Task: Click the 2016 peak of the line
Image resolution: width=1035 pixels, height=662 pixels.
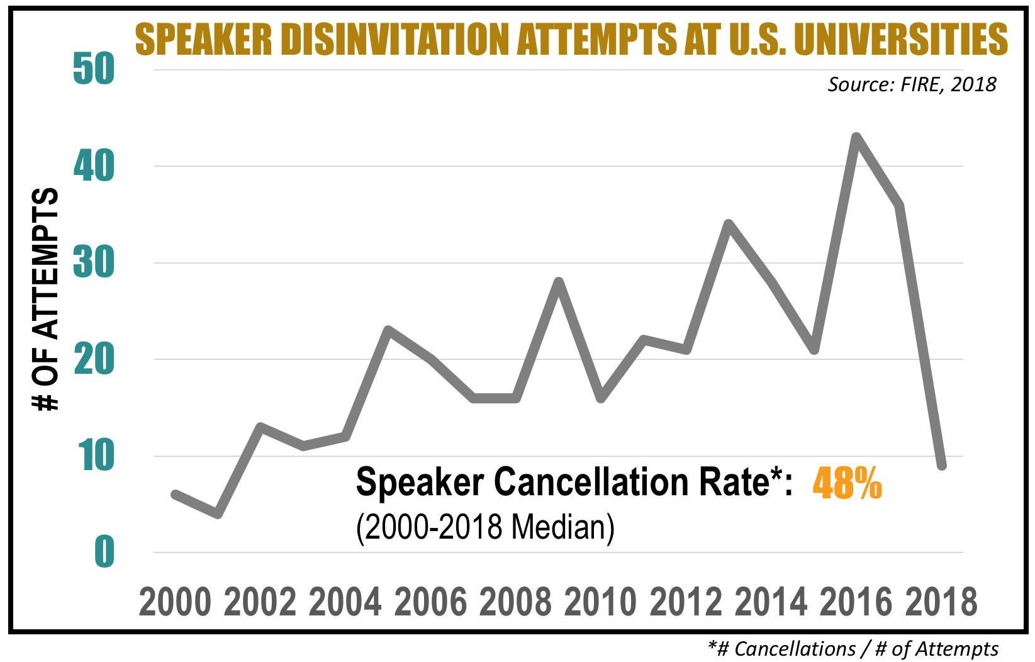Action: pyautogui.click(x=856, y=137)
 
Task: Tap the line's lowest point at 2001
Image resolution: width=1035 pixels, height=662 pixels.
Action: pyautogui.click(x=218, y=513)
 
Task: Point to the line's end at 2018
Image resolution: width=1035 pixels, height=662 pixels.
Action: pyautogui.click(x=942, y=466)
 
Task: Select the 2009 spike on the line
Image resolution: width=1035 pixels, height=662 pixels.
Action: pyautogui.click(x=558, y=281)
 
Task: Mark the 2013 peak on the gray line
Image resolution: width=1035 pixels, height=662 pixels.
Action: pyautogui.click(x=729, y=223)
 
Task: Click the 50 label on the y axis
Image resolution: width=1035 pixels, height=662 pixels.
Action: pyautogui.click(x=94, y=70)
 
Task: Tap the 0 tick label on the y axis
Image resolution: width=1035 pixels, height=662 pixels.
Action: pyautogui.click(x=104, y=552)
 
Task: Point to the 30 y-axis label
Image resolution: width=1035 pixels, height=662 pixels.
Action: pyautogui.click(x=94, y=263)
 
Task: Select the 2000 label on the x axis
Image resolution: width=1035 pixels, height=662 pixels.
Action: pyautogui.click(x=175, y=602)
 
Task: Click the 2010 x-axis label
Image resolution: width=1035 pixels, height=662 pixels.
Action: pyautogui.click(x=600, y=602)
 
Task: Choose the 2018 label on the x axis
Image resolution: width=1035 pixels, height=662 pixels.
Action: pyautogui.click(x=941, y=602)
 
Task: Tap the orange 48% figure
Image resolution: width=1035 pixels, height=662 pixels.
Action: pyautogui.click(x=847, y=483)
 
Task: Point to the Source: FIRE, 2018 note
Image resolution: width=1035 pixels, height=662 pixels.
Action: pyautogui.click(x=911, y=84)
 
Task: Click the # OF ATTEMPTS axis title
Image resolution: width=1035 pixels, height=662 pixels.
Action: pyautogui.click(x=47, y=300)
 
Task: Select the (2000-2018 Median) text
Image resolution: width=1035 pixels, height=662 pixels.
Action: pyautogui.click(x=484, y=526)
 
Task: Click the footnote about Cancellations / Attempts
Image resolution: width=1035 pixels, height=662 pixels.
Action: pyautogui.click(x=853, y=648)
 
